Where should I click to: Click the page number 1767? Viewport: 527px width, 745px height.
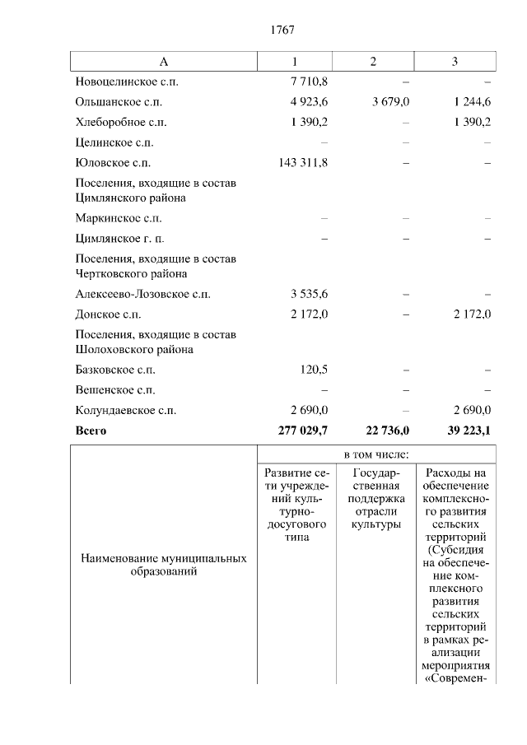(x=282, y=30)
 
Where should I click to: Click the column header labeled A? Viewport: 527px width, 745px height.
(x=163, y=62)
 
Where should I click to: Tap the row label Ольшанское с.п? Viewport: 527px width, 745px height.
(x=119, y=102)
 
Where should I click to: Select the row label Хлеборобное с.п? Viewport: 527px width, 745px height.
(x=121, y=123)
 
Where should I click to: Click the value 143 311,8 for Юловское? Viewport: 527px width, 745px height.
(x=304, y=163)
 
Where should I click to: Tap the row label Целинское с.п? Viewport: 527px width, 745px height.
(x=114, y=142)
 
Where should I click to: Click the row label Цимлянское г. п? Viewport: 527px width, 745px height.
(x=119, y=239)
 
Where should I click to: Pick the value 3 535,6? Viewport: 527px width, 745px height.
(x=309, y=294)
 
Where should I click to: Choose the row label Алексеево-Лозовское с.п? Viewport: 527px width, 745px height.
(x=142, y=294)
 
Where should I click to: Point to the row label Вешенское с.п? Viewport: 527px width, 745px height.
(x=115, y=390)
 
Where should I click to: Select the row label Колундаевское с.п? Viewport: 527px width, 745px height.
(x=124, y=410)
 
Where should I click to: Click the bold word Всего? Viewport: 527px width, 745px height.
(x=91, y=431)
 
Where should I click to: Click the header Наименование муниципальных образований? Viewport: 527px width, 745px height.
(x=163, y=565)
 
